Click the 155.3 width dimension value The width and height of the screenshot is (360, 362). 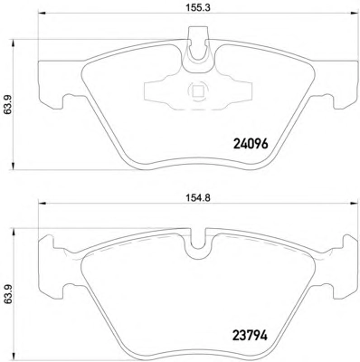tap(198, 7)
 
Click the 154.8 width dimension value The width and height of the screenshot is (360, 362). tap(198, 197)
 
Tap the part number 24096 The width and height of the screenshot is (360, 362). tap(251, 144)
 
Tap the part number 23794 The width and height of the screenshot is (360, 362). tap(251, 336)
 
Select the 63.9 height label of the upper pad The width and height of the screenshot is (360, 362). tap(7, 105)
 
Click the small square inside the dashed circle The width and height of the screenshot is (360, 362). tap(197, 91)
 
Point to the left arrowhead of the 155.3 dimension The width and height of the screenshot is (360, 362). tap(42, 13)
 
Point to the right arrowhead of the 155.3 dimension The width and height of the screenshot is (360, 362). tap(354, 13)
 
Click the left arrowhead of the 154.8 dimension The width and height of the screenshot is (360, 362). tap(42, 204)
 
